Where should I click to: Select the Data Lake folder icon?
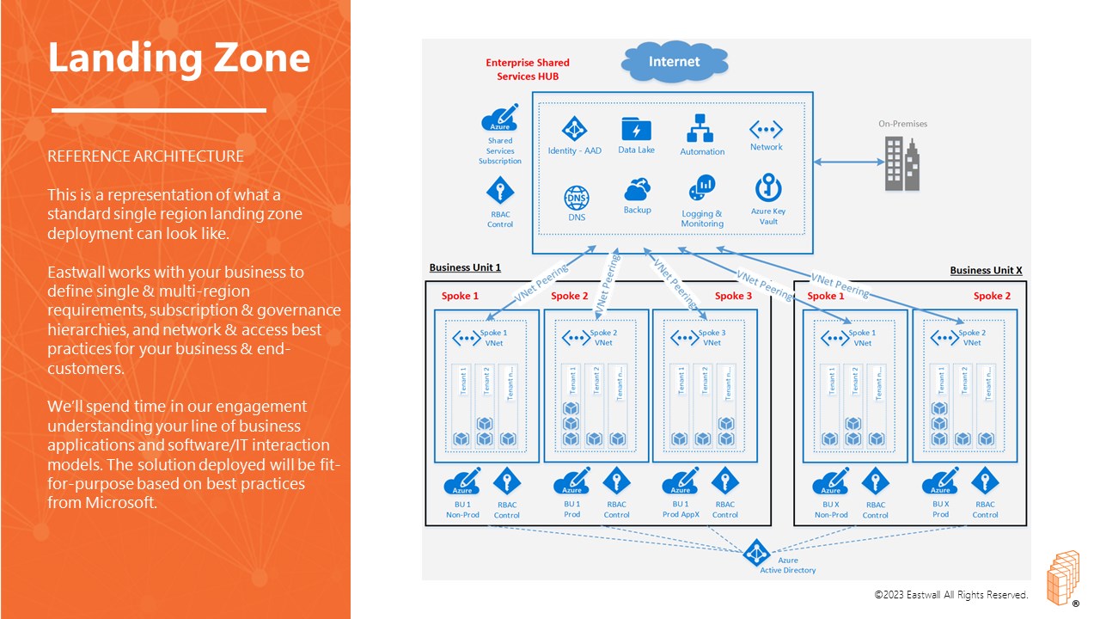pyautogui.click(x=636, y=130)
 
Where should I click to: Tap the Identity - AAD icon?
pyautogui.click(x=573, y=129)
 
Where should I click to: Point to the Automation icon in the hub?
pyautogui.click(x=701, y=129)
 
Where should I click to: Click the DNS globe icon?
pyautogui.click(x=577, y=198)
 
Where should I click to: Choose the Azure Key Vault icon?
pyautogui.click(x=767, y=188)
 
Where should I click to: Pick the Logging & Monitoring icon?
pyautogui.click(x=702, y=188)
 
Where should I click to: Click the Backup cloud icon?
pyautogui.click(x=637, y=189)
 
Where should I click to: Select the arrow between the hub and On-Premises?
pyautogui.click(x=847, y=162)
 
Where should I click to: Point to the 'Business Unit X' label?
pyautogui.click(x=986, y=270)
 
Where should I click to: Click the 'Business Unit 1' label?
pyautogui.click(x=465, y=267)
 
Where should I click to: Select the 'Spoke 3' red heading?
pyautogui.click(x=733, y=296)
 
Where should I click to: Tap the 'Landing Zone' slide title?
pyautogui.click(x=179, y=58)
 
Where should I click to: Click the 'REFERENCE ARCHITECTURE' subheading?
pyautogui.click(x=145, y=156)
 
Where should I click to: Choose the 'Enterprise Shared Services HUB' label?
pyautogui.click(x=528, y=69)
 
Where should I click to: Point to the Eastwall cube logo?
pyautogui.click(x=1061, y=576)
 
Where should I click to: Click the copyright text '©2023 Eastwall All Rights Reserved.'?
pyautogui.click(x=950, y=595)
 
